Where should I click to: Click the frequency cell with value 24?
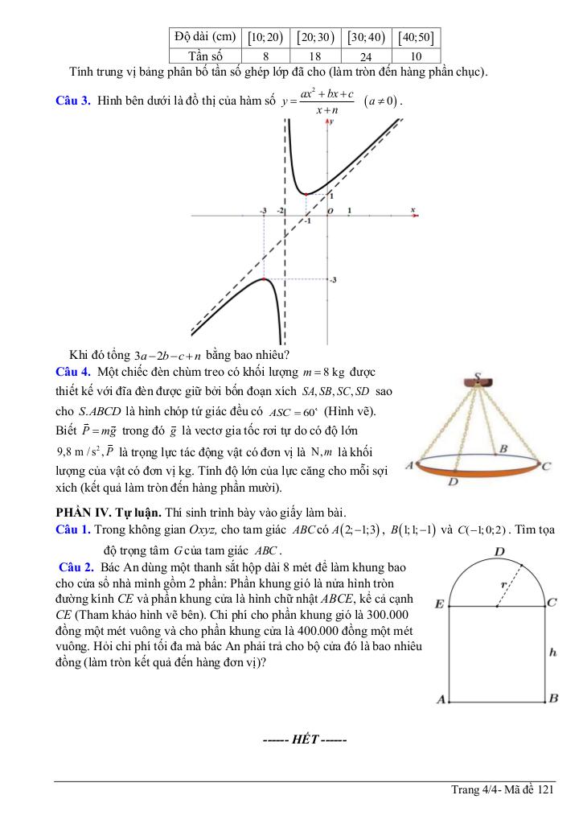point(365,57)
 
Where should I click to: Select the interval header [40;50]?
point(416,37)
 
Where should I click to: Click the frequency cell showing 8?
point(265,57)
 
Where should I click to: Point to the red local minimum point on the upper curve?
point(306,194)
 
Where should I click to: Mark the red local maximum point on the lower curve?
point(265,279)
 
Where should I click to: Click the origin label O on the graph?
point(329,211)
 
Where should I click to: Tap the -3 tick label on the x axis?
point(263,210)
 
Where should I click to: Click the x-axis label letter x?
point(413,210)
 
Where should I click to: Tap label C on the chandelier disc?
point(546,466)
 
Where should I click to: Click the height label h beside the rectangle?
point(552,653)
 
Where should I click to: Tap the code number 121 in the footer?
point(547,790)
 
